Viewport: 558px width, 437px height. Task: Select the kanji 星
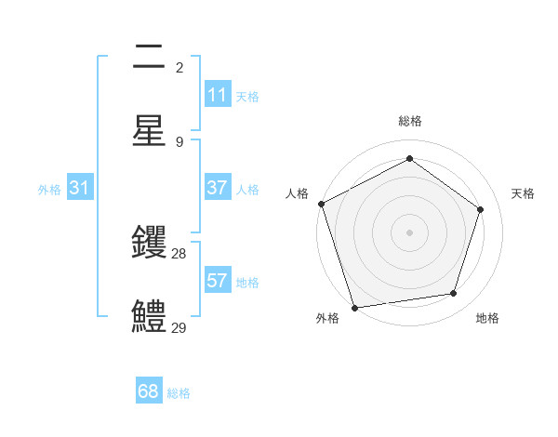click(x=149, y=130)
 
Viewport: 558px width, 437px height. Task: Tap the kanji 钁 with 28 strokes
click(x=149, y=244)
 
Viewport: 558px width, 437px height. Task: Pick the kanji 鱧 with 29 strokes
click(x=149, y=316)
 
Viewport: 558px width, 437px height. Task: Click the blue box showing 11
click(x=217, y=95)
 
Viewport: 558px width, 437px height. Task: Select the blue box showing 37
click(x=217, y=188)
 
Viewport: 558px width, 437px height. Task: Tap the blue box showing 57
click(x=217, y=281)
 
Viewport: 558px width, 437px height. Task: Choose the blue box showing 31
click(x=79, y=188)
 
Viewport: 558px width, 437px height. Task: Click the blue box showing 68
click(x=148, y=391)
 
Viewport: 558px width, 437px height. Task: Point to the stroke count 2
click(x=179, y=68)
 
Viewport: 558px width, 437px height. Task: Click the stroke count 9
click(x=179, y=141)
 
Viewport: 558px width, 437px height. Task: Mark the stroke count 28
click(x=179, y=254)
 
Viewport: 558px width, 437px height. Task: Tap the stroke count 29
click(x=179, y=327)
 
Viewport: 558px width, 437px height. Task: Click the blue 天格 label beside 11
click(x=247, y=96)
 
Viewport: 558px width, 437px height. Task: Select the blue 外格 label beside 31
click(x=49, y=189)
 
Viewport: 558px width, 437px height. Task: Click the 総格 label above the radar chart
click(x=409, y=121)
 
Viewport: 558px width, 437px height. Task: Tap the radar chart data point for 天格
click(x=481, y=209)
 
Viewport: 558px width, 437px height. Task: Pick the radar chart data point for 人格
click(x=321, y=204)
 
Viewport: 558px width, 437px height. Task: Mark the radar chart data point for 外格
click(x=354, y=307)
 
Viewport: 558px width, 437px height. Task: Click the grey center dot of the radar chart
click(x=409, y=232)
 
